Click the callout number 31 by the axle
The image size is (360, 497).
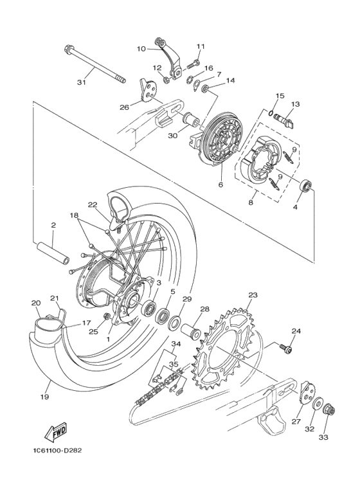pos(80,82)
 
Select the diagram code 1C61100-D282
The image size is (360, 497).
pos(55,449)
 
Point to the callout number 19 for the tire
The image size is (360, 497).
pos(44,397)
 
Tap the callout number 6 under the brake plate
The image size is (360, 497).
pos(220,184)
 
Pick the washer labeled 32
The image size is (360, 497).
pos(318,403)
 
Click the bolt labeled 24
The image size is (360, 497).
pos(287,348)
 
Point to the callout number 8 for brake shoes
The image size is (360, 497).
pos(250,202)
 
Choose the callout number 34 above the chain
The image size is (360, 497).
pos(175,345)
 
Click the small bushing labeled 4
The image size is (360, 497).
pos(307,187)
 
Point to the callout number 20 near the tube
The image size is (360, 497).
pos(35,302)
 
